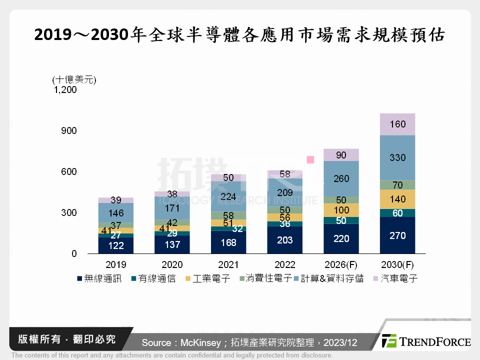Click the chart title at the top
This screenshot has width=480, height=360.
tap(240, 35)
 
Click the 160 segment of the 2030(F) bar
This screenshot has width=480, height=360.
tap(397, 124)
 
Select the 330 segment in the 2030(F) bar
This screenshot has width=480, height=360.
tap(397, 157)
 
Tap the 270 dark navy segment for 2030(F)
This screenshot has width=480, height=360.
tap(397, 235)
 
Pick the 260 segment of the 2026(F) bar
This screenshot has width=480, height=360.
tap(341, 178)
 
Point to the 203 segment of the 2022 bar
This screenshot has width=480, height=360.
tap(284, 239)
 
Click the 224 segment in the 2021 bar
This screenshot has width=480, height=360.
tap(228, 196)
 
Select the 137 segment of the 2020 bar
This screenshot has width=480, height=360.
tap(172, 244)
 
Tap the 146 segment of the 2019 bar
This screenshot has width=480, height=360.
tap(115, 212)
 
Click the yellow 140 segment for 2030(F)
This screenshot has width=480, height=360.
tap(397, 199)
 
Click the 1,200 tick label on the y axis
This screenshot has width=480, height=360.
tap(65, 90)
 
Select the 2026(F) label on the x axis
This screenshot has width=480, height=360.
tap(341, 264)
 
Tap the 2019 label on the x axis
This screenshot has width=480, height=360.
tap(115, 264)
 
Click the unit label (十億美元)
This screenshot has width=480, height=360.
tap(74, 79)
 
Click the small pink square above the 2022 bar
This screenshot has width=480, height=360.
tap(310, 159)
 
